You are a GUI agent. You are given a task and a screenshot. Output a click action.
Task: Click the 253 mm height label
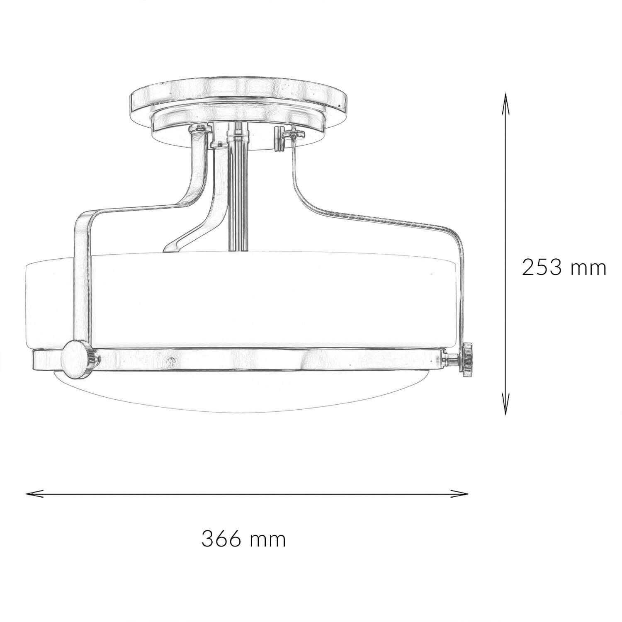[564, 268]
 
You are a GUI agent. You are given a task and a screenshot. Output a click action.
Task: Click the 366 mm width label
[244, 539]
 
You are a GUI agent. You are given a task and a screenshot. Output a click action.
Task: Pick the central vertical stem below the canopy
[237, 195]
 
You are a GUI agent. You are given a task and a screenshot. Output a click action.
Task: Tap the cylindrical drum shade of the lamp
[265, 299]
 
